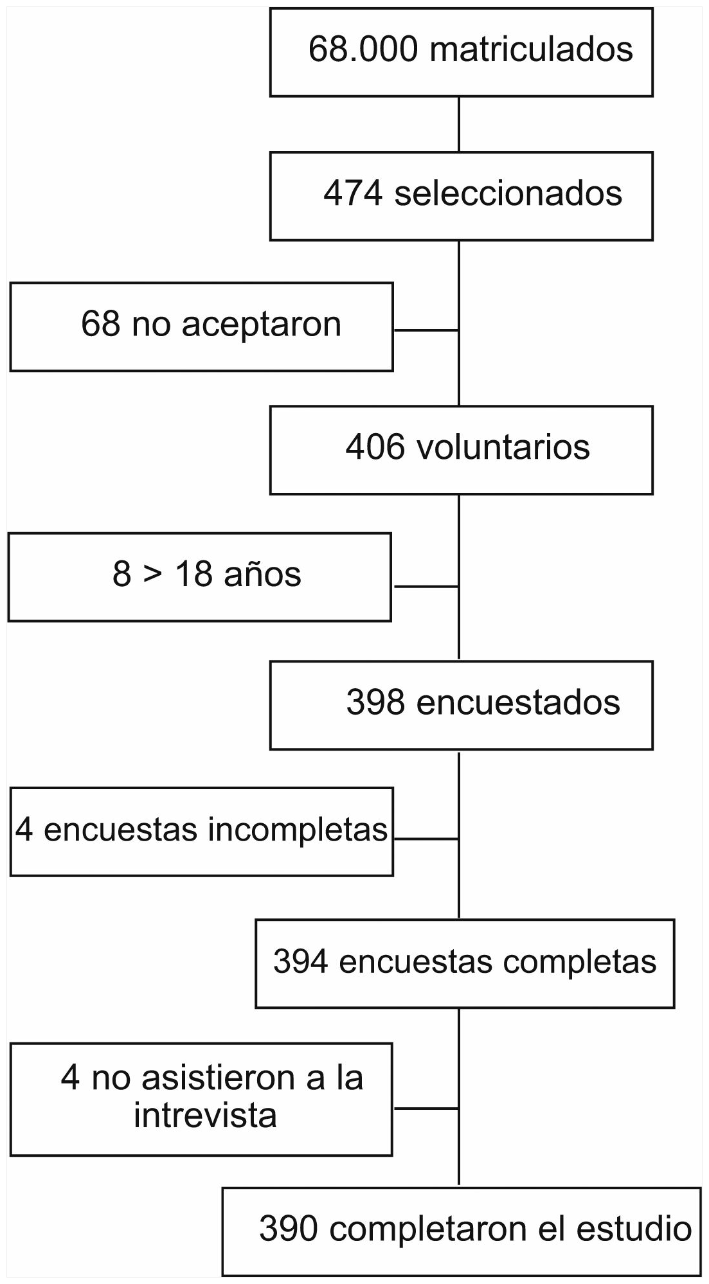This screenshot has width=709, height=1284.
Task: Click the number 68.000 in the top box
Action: click(363, 50)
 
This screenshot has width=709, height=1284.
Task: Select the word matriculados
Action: click(531, 50)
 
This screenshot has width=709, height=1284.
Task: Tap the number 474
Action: click(353, 193)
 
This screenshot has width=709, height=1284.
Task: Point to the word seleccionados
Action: click(508, 193)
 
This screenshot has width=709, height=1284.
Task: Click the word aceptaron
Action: click(261, 325)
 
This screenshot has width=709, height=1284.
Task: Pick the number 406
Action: click(375, 447)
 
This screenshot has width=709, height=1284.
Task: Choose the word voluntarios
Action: click(503, 447)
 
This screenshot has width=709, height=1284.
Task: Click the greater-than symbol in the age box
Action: click(153, 575)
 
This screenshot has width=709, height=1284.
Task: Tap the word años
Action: click(262, 575)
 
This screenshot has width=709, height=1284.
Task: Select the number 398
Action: click(375, 702)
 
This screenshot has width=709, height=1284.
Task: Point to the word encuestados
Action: click(518, 702)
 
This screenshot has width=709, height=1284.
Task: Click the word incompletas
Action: click(298, 830)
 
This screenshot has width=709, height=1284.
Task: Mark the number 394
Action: click(301, 962)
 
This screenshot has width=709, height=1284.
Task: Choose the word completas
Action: click(580, 962)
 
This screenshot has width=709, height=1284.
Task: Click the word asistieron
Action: click(219, 1078)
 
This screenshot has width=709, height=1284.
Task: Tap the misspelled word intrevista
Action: click(205, 1116)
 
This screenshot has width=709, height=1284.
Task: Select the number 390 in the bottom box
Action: click(288, 1229)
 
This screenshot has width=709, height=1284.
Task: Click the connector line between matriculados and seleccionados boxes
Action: click(458, 124)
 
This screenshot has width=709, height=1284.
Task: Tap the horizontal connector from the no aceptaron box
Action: click(426, 330)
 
